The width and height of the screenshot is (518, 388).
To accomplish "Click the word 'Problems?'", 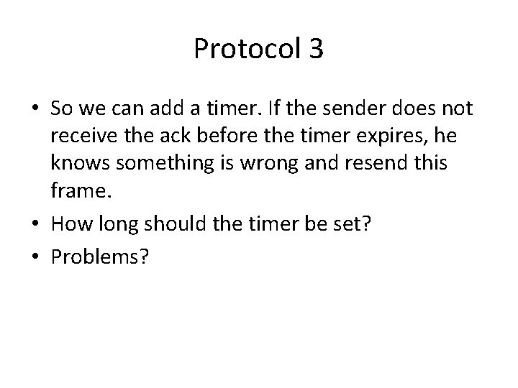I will click(100, 257).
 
